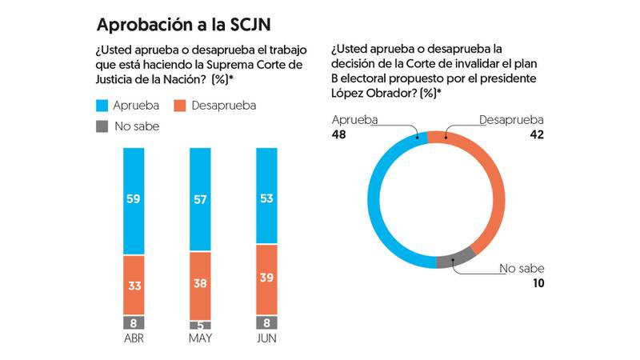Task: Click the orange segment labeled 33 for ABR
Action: (x=134, y=285)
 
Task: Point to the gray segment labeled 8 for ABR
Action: (x=134, y=322)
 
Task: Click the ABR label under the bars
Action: (x=134, y=340)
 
